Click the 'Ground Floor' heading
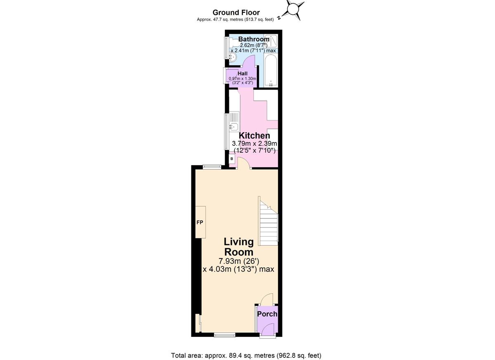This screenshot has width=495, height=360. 236,12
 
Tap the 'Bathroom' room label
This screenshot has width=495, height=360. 254,39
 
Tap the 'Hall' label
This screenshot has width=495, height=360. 243,73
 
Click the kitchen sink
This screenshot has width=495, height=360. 233,127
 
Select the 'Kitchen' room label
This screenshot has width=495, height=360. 255,135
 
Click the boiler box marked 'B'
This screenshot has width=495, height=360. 232,159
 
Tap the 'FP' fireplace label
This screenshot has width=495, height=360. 200,223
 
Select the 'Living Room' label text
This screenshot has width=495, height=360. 238,247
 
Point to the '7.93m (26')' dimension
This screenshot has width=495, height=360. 238,261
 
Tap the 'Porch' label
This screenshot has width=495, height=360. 267,314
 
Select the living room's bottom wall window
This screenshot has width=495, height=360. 224,335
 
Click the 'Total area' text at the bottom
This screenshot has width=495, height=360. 246,355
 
